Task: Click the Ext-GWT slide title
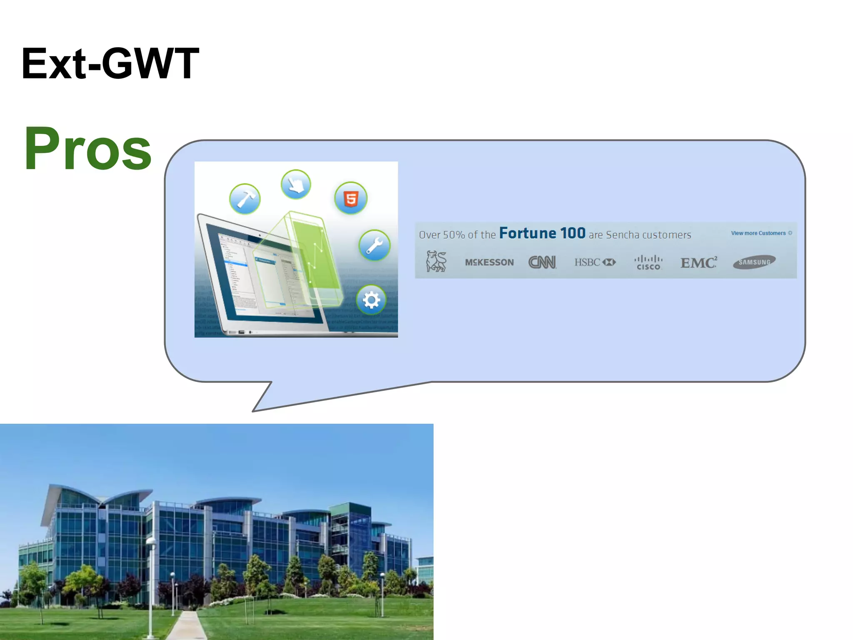pos(110,63)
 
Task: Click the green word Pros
pos(87,149)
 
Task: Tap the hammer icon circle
pos(245,199)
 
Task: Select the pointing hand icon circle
pos(296,184)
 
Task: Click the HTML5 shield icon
pos(351,198)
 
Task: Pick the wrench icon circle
pos(374,245)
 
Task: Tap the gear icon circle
pos(371,300)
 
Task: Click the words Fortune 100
pos(542,233)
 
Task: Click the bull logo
pos(436,262)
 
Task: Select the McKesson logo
pos(489,262)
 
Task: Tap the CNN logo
pos(542,262)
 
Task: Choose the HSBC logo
pos(595,262)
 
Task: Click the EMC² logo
pos(699,262)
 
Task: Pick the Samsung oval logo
pos(754,262)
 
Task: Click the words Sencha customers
pos(648,235)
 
